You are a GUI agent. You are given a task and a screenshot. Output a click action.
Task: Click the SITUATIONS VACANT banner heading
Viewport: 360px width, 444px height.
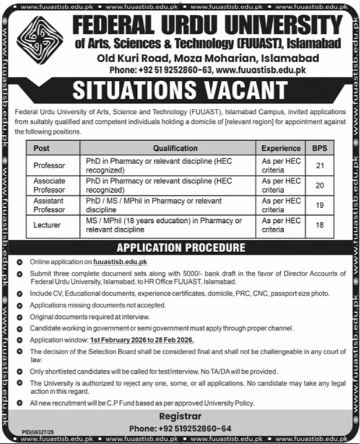pyautogui.click(x=180, y=90)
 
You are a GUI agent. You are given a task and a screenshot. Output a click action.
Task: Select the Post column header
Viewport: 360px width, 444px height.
pyautogui.click(x=42, y=148)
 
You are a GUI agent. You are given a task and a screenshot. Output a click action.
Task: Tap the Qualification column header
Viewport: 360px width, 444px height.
pyautogui.click(x=175, y=148)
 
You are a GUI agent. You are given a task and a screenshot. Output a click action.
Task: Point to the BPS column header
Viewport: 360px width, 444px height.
pyautogui.click(x=319, y=148)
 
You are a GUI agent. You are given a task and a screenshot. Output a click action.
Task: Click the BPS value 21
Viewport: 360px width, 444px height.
pyautogui.click(x=319, y=165)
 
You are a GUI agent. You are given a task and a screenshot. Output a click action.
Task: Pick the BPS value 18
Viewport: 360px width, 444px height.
pyautogui.click(x=319, y=225)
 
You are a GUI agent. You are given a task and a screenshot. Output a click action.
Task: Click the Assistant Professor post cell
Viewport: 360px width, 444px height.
pyautogui.click(x=50, y=205)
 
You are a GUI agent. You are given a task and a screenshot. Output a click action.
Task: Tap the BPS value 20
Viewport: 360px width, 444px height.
pyautogui.click(x=319, y=185)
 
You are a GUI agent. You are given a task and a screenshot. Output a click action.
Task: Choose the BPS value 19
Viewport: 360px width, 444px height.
pyautogui.click(x=319, y=205)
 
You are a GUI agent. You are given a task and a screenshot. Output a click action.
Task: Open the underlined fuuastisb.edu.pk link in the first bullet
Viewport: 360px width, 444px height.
pyautogui.click(x=120, y=263)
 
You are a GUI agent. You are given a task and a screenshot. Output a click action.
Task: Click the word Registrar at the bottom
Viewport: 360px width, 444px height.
pyautogui.click(x=180, y=417)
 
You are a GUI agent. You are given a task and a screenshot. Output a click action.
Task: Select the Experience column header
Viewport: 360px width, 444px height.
pyautogui.click(x=281, y=148)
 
